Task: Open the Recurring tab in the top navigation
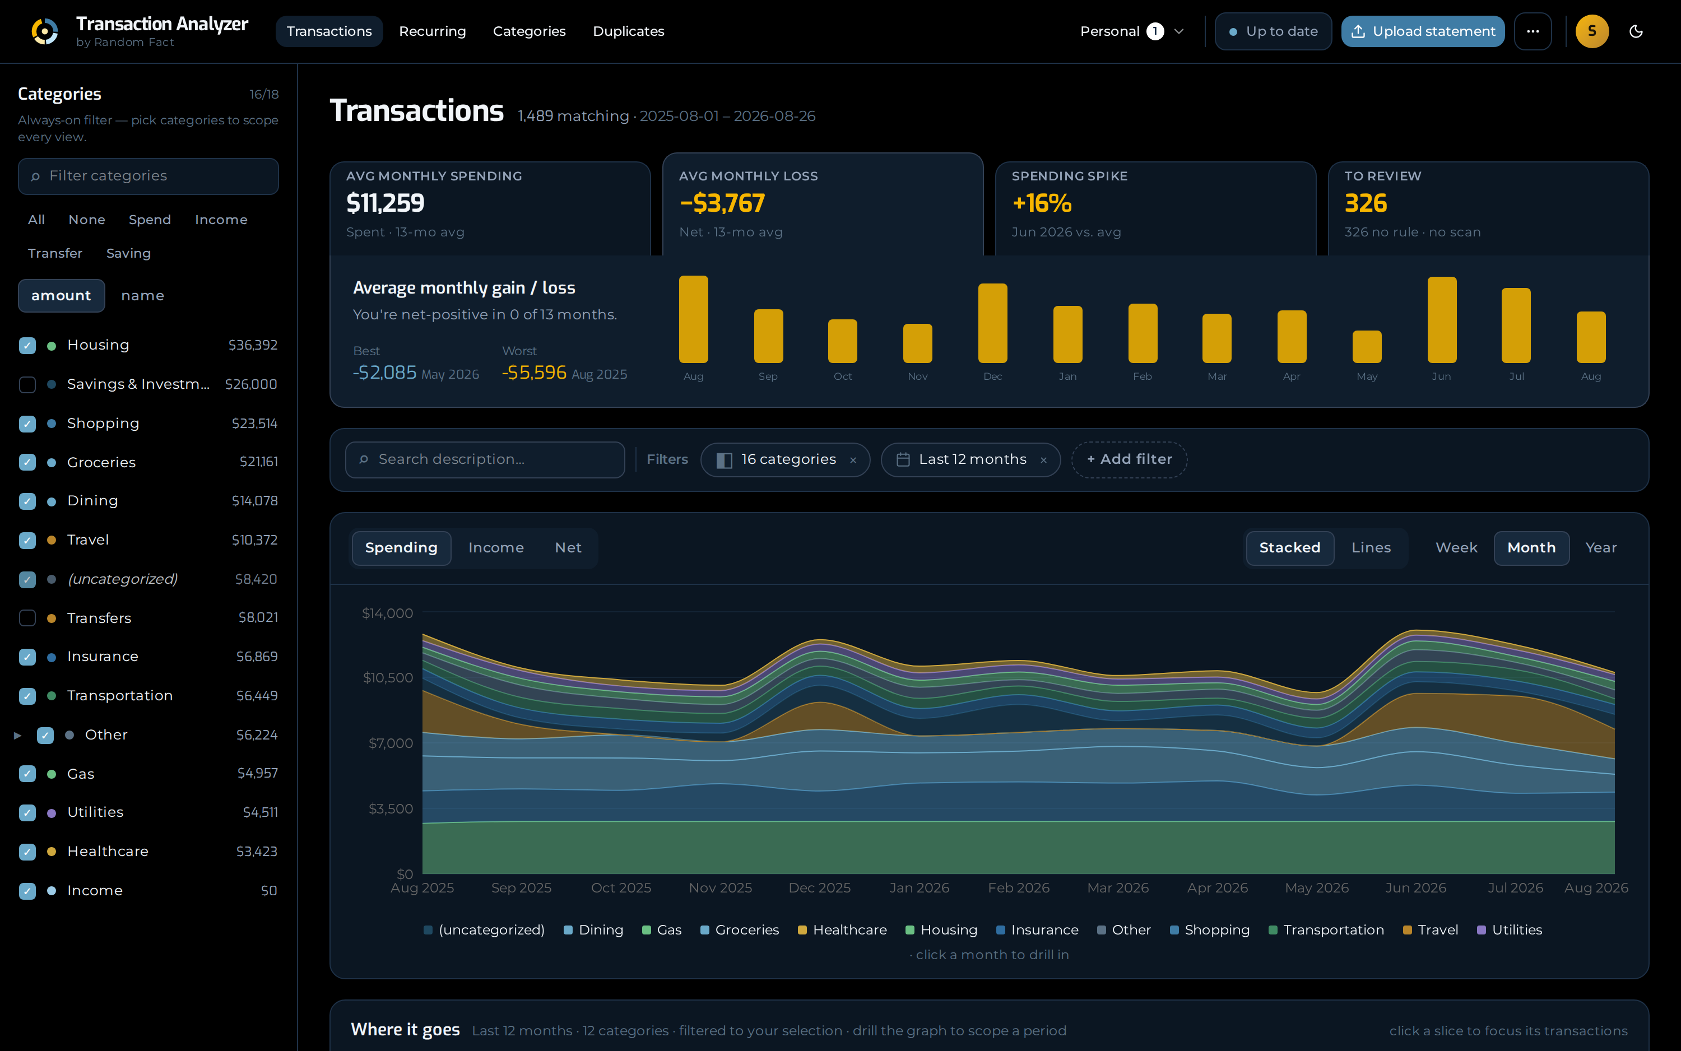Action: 433,31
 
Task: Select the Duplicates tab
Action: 629,31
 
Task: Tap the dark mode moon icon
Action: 1636,31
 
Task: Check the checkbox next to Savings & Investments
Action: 27,384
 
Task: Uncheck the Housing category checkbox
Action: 27,346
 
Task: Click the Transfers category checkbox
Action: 27,618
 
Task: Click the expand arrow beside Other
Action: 18,734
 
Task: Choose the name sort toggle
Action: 142,295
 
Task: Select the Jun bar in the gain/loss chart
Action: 1441,320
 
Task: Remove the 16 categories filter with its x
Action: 853,460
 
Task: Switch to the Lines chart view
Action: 1371,548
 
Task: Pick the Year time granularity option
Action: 1600,548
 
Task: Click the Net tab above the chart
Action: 568,548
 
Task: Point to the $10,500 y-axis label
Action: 388,678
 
